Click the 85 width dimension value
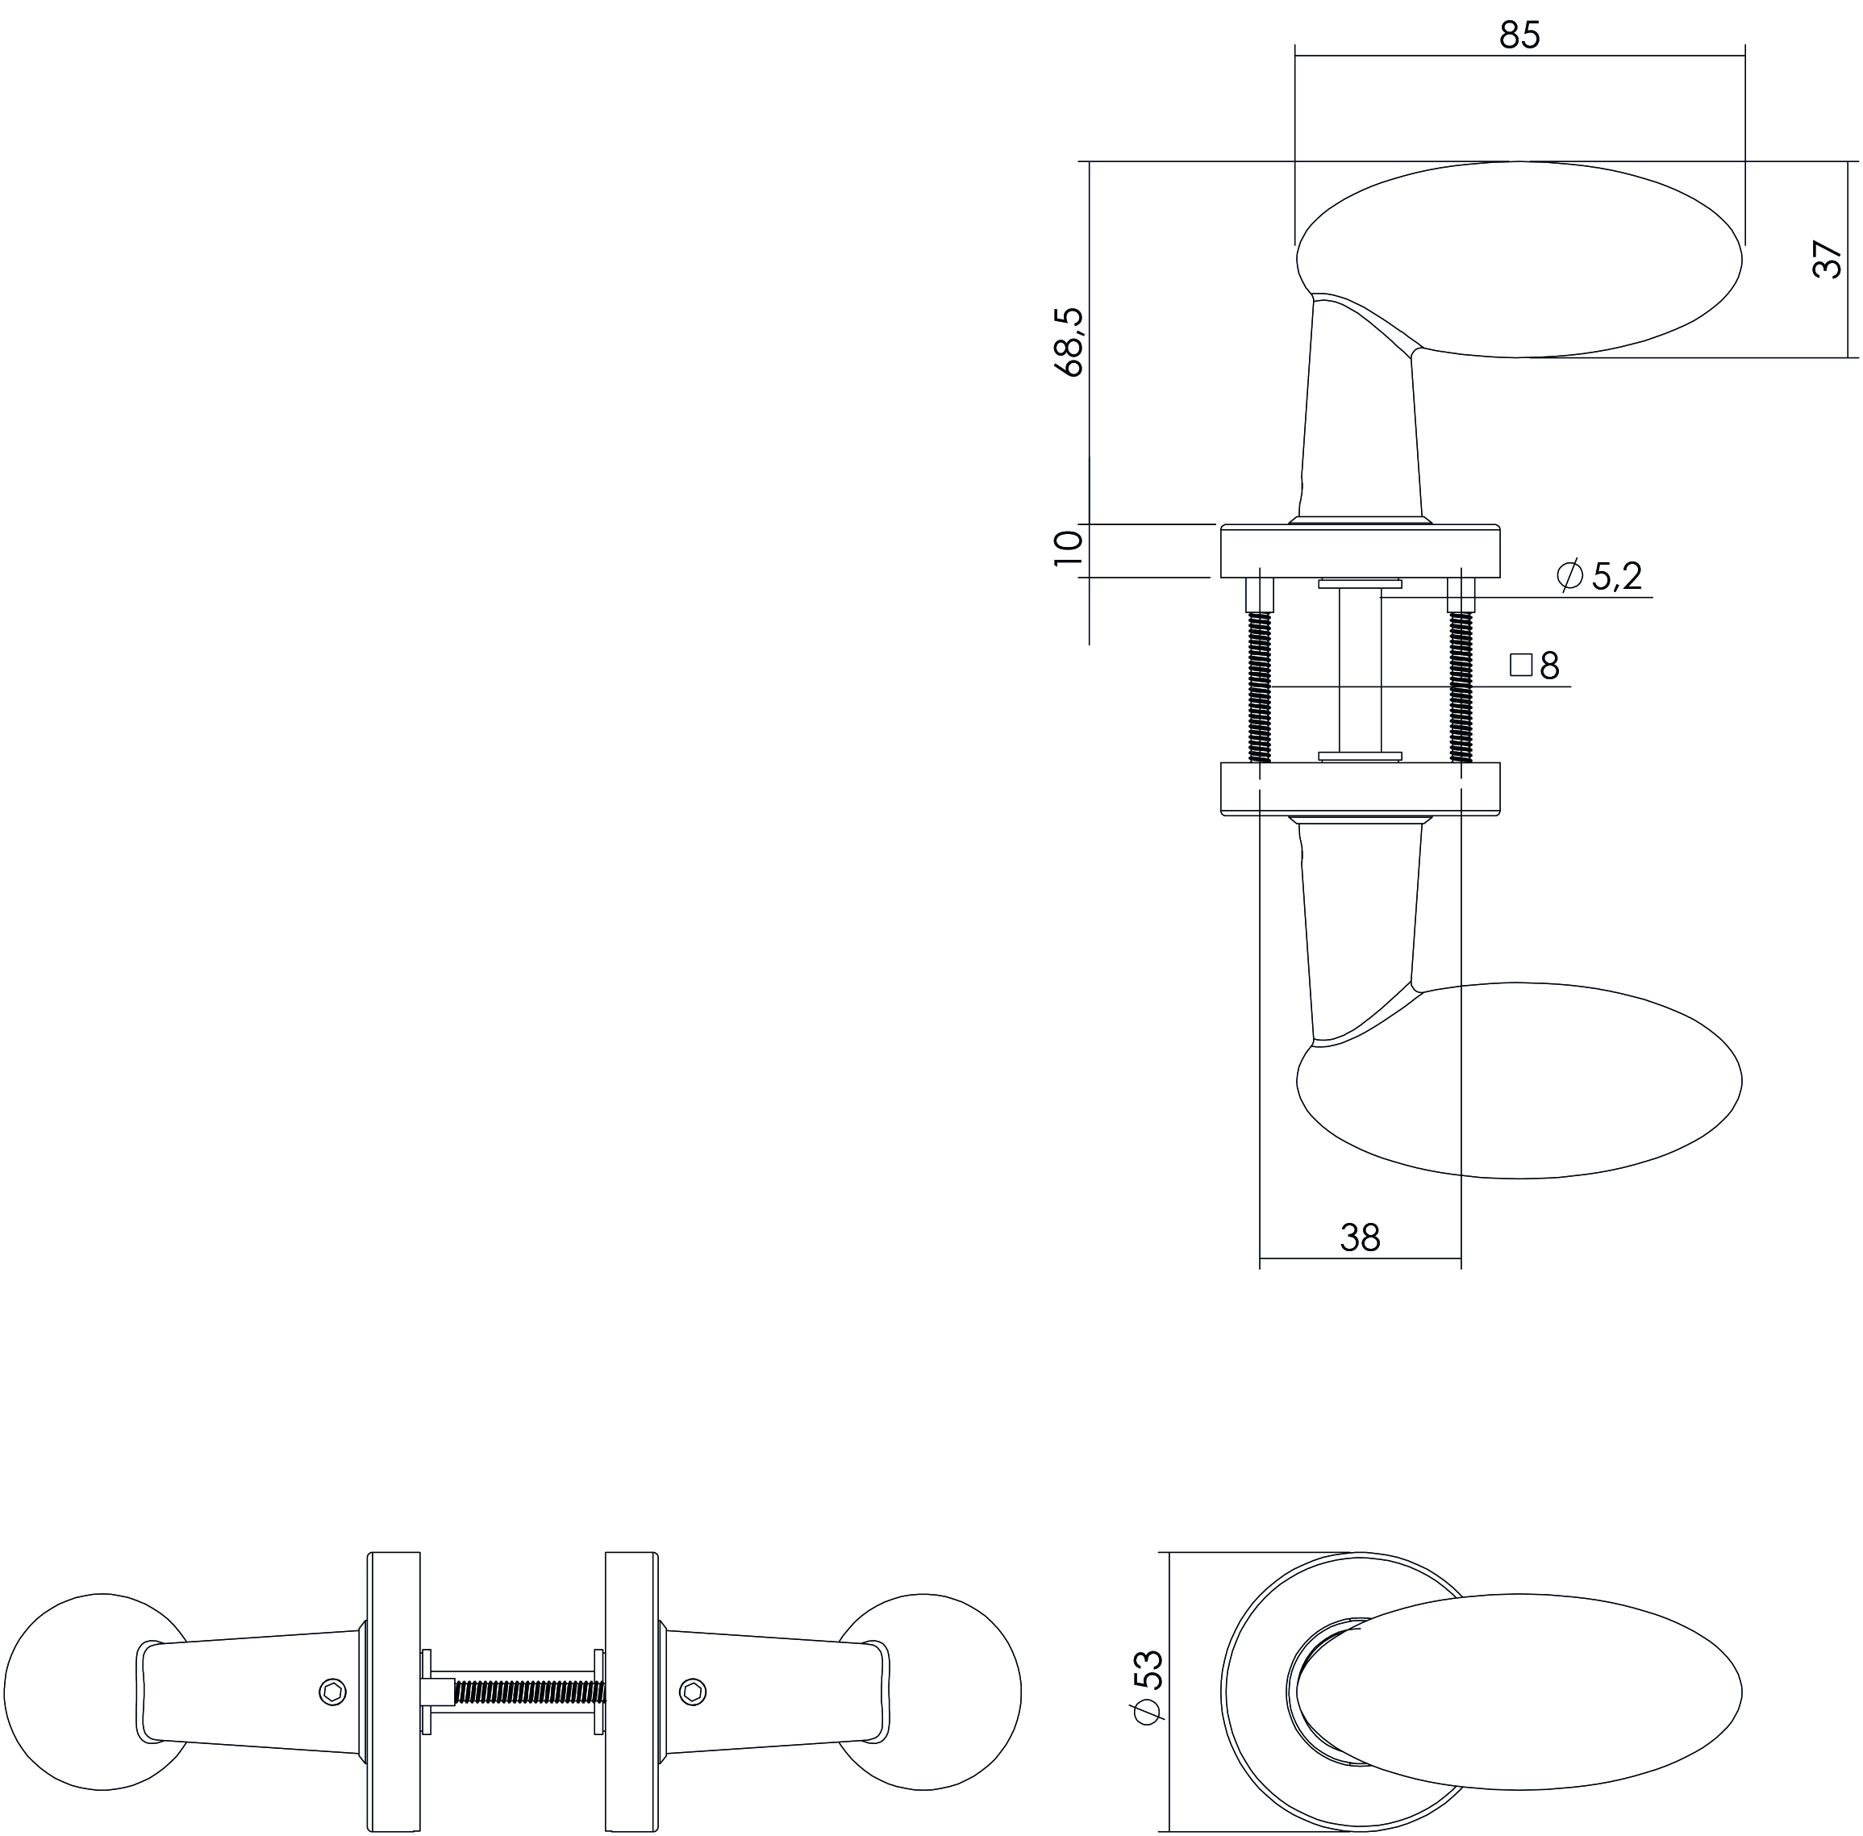click(x=1519, y=35)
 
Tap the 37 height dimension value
click(x=1827, y=260)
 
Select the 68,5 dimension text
click(x=1069, y=341)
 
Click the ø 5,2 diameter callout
click(x=1598, y=576)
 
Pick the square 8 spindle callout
click(x=1534, y=666)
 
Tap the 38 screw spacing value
click(x=1360, y=1237)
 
